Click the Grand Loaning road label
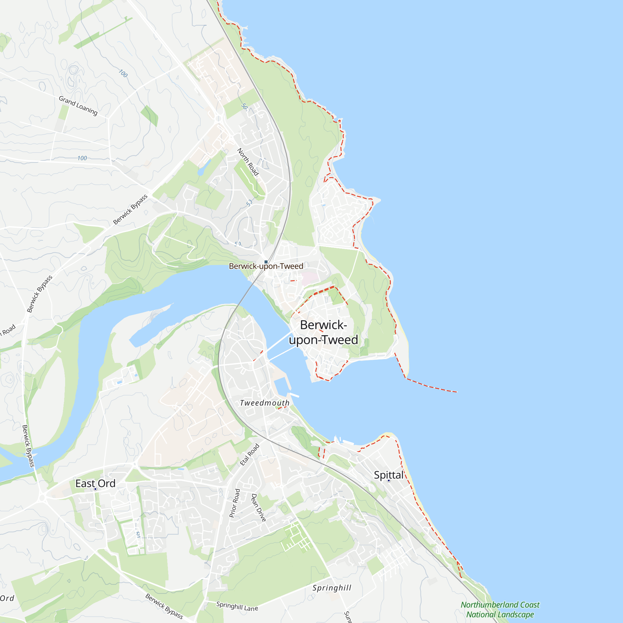click(78, 106)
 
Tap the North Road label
click(248, 162)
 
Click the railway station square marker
click(266, 262)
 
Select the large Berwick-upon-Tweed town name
click(323, 332)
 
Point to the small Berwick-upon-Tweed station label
click(266, 266)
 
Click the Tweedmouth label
click(265, 403)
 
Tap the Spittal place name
click(388, 475)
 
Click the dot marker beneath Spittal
click(389, 480)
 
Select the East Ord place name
click(95, 483)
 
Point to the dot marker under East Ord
click(95, 489)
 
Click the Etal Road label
click(250, 455)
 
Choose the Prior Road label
click(235, 503)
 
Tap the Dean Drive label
click(259, 507)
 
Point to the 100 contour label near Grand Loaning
click(123, 73)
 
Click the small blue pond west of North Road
click(201, 171)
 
